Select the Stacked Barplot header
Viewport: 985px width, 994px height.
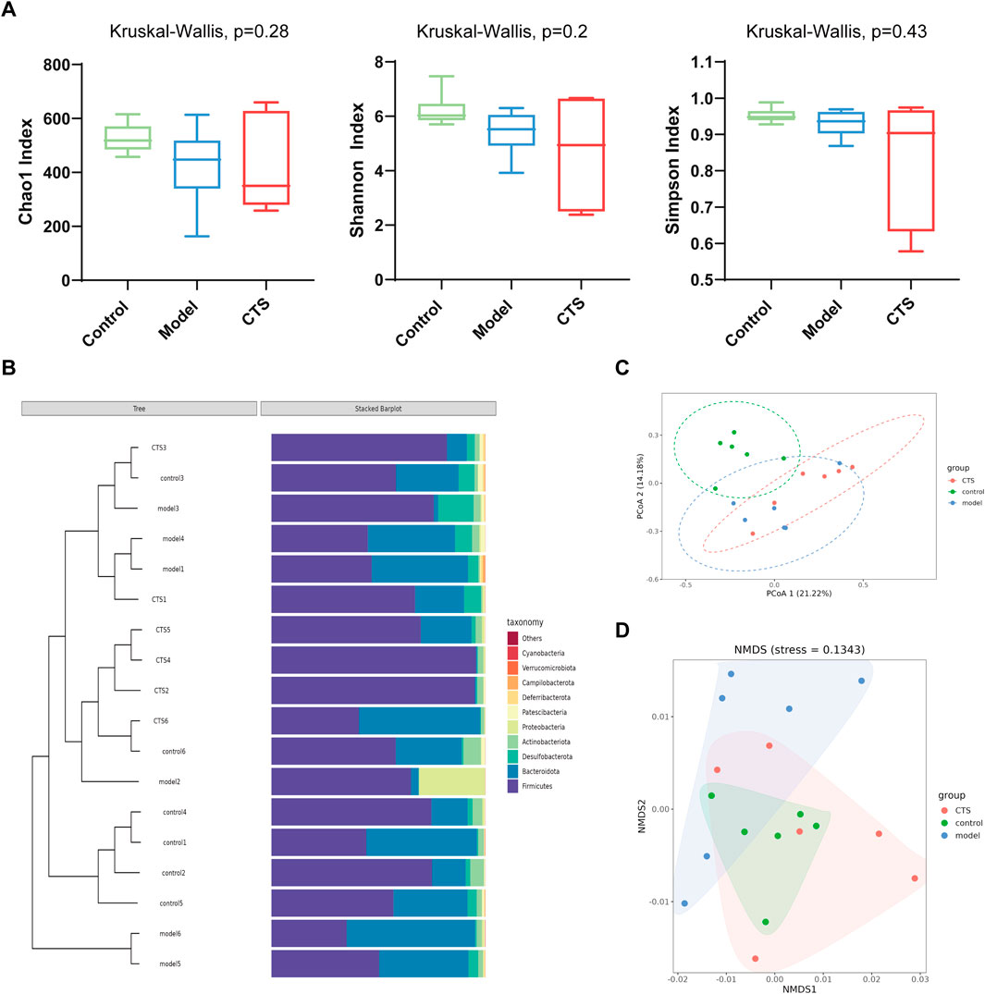[x=379, y=409]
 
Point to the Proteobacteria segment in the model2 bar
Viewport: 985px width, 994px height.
[x=451, y=781]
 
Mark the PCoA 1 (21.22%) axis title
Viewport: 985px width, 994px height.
[x=773, y=593]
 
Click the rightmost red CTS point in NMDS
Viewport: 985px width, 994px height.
[x=915, y=878]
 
